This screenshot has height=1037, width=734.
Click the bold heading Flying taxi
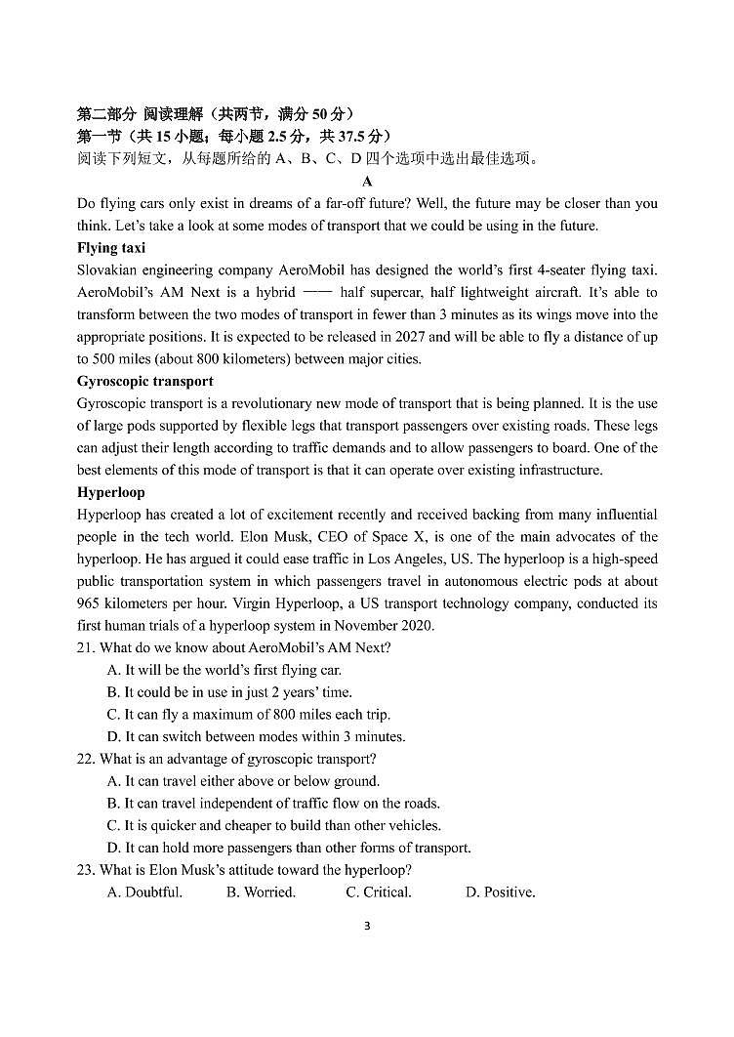(x=111, y=248)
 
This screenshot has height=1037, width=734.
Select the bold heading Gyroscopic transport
(x=144, y=381)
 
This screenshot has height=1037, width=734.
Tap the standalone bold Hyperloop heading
(x=110, y=492)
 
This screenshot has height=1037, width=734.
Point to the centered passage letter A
(x=367, y=182)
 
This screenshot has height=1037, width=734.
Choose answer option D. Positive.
(x=500, y=892)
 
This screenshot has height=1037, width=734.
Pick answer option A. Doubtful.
(x=144, y=892)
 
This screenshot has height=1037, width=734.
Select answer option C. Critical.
(x=379, y=892)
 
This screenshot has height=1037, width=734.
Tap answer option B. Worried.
(x=261, y=892)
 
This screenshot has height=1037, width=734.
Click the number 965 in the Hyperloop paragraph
(x=88, y=603)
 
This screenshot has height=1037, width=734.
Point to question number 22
(x=86, y=759)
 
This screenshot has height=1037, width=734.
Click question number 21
(x=86, y=647)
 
